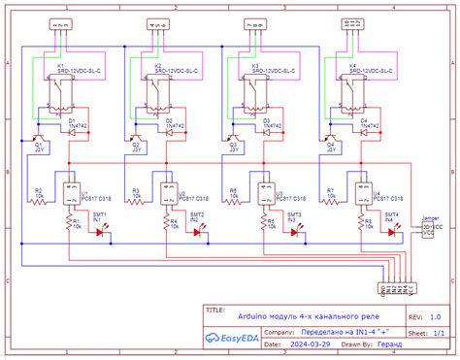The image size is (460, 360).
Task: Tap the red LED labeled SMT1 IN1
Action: (x=99, y=232)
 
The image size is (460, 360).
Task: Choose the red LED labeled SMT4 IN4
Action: (x=387, y=232)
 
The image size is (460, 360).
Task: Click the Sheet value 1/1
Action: (x=438, y=331)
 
